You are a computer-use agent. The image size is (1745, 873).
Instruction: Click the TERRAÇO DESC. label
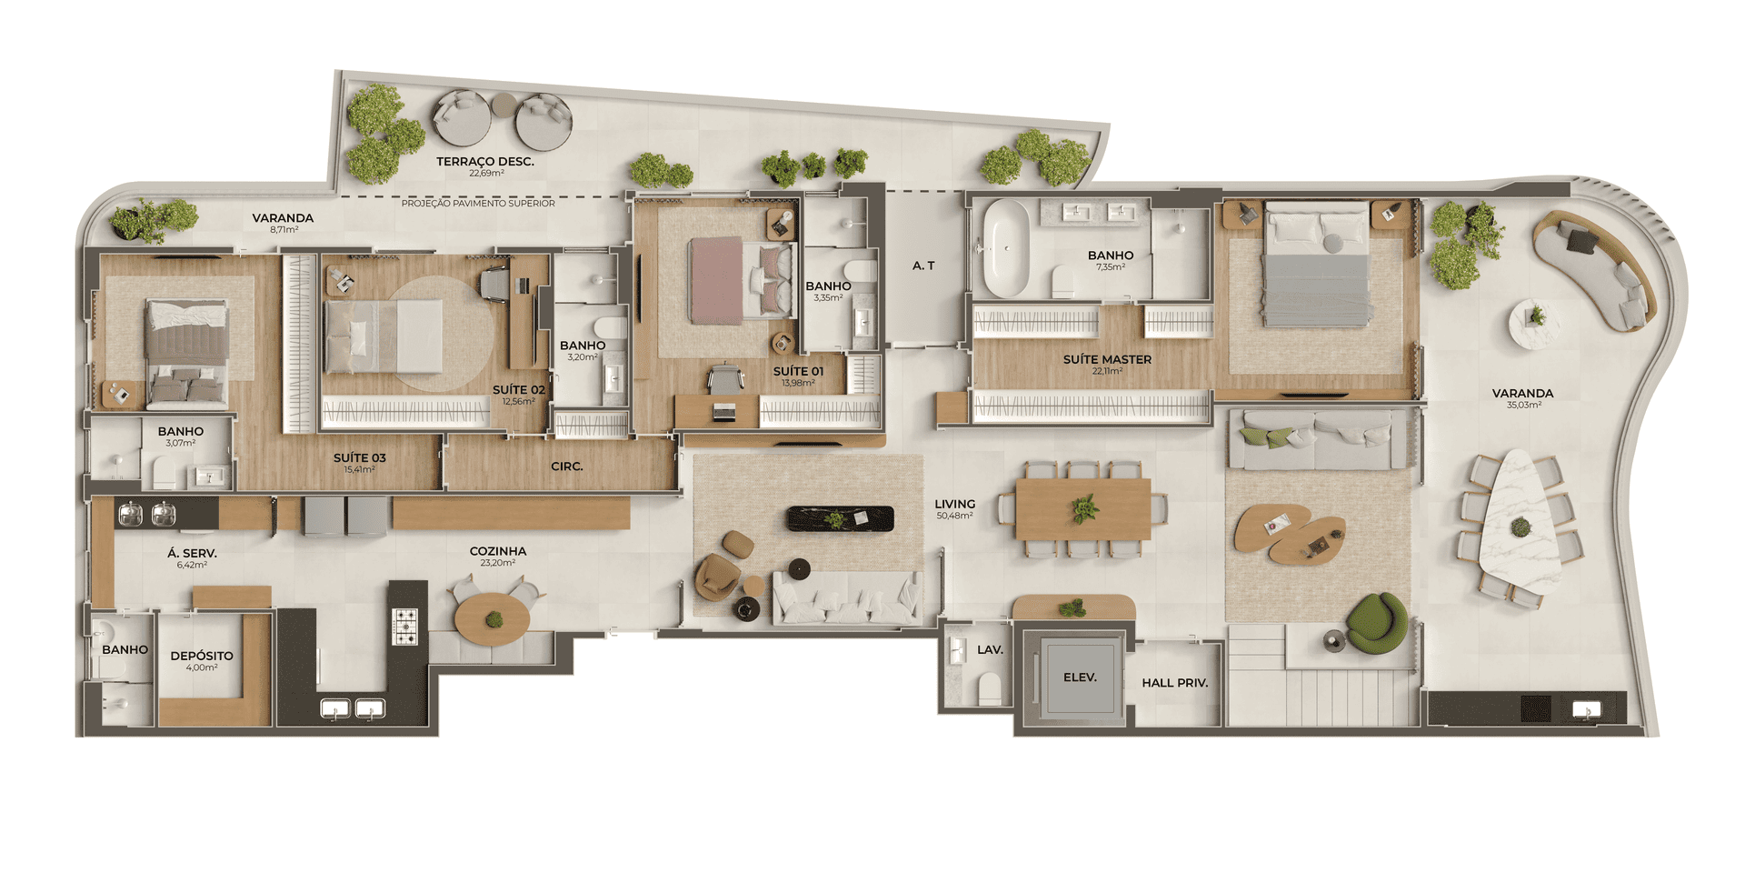click(484, 162)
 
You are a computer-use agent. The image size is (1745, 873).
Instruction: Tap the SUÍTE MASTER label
click(1107, 359)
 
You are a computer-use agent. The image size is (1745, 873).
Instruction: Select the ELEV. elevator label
click(1080, 677)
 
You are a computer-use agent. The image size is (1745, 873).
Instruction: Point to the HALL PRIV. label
click(1174, 683)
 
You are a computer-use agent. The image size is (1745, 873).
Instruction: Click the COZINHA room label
click(498, 551)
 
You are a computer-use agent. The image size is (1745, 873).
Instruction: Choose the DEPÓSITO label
click(202, 656)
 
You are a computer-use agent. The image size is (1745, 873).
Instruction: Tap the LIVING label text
click(954, 504)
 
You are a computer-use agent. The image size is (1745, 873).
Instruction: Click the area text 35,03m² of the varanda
click(1523, 406)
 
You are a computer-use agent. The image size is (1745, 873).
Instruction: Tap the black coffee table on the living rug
click(840, 518)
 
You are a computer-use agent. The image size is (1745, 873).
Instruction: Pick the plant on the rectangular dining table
click(1084, 509)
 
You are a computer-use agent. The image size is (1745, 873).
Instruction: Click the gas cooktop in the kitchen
click(404, 627)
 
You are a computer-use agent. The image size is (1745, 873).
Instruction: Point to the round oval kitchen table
click(492, 619)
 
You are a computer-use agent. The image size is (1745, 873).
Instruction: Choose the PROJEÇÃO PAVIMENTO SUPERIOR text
click(478, 204)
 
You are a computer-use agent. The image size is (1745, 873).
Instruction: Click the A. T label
click(923, 266)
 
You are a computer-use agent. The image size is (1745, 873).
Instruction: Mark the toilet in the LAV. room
click(989, 688)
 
